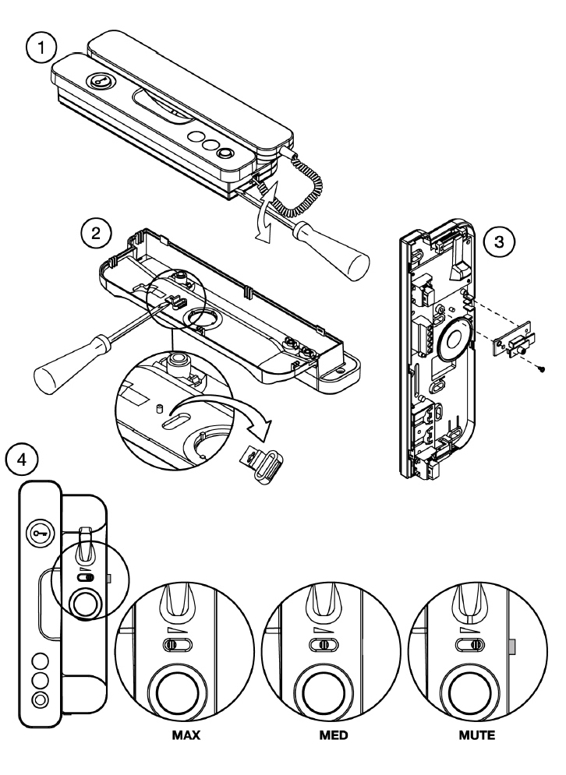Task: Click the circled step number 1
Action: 41,48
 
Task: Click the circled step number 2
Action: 96,232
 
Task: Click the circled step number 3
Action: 499,242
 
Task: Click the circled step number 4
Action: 21,460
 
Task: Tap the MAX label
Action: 186,734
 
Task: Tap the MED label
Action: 334,734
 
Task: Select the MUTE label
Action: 477,734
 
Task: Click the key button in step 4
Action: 39,534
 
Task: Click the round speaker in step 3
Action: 455,340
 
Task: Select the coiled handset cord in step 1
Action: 302,183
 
